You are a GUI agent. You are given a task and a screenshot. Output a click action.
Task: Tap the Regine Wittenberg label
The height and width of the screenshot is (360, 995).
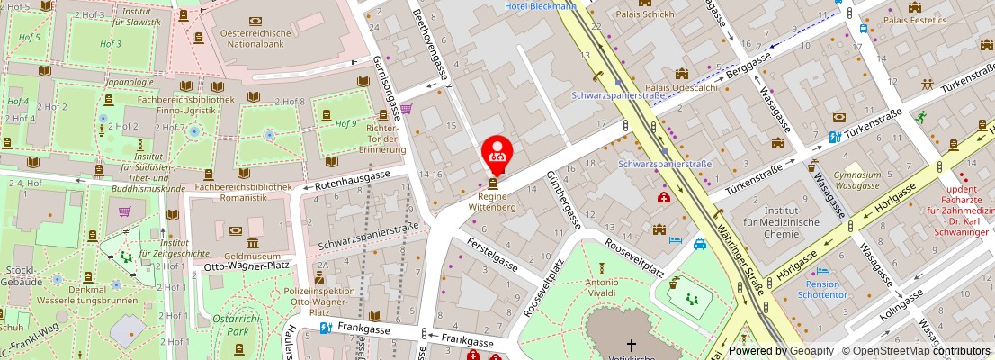(x=492, y=201)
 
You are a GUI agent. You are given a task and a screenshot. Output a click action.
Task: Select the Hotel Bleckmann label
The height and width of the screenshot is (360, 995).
(x=541, y=6)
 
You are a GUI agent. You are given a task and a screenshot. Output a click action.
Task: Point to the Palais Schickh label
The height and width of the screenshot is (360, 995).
(x=644, y=13)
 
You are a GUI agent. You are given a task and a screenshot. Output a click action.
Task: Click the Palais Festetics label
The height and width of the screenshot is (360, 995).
(x=914, y=19)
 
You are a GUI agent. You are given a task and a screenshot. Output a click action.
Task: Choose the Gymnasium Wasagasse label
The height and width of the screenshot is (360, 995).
(x=856, y=180)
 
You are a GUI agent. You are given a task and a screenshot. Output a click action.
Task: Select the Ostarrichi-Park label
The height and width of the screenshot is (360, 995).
(x=236, y=325)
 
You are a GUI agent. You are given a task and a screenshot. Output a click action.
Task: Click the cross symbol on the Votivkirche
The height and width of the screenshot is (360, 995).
(x=631, y=345)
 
